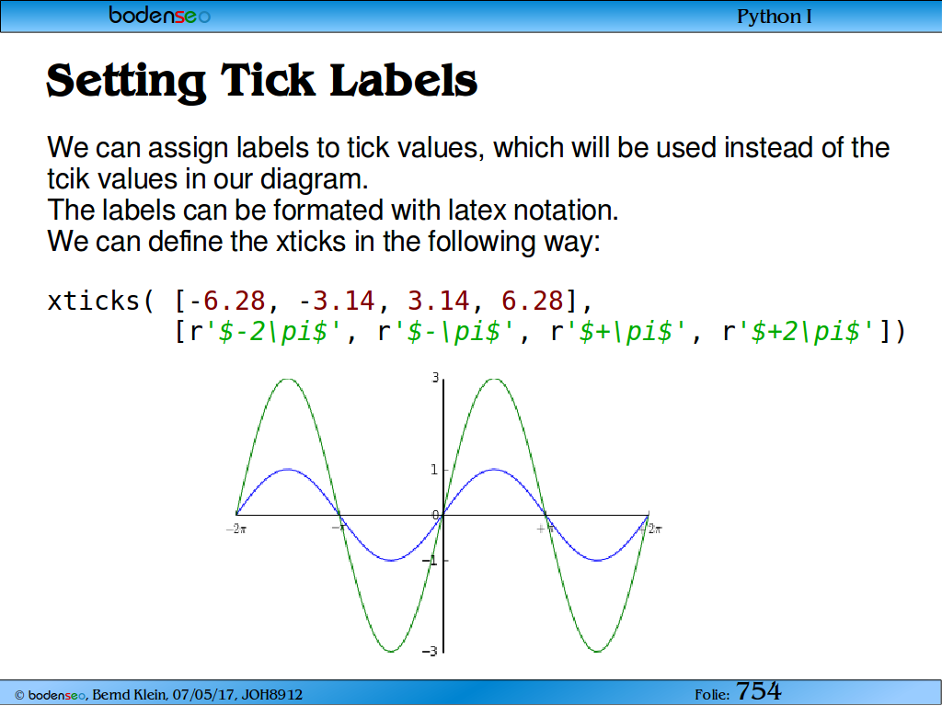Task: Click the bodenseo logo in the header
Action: click(160, 15)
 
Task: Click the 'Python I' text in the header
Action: click(774, 17)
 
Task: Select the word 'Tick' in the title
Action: click(268, 81)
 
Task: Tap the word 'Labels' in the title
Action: click(403, 81)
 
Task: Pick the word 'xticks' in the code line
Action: click(94, 301)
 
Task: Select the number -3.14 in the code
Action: click(337, 301)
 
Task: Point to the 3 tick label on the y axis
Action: click(435, 378)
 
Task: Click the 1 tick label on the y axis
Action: click(434, 470)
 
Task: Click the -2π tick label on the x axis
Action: click(236, 529)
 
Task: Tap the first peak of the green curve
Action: click(288, 379)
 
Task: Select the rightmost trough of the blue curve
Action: click(597, 560)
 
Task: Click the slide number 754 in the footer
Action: click(758, 691)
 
